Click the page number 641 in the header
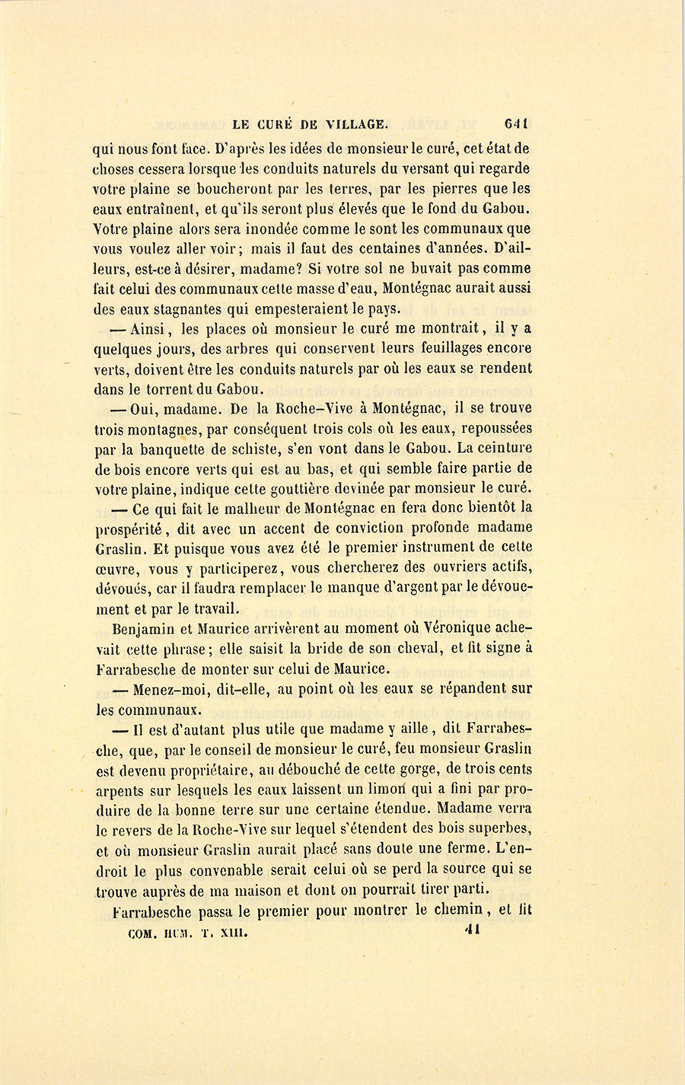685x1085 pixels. click(516, 123)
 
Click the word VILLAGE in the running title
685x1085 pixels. click(356, 124)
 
